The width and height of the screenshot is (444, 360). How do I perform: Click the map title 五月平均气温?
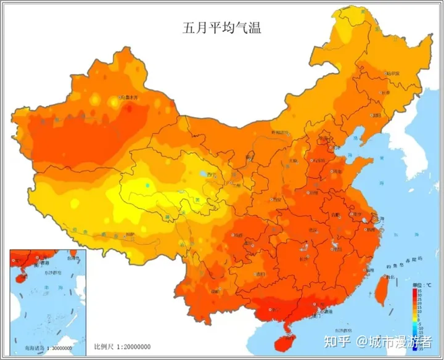point(221,27)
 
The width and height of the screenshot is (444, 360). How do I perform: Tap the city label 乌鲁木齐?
point(132,97)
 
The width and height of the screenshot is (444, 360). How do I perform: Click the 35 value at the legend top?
point(419,289)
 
